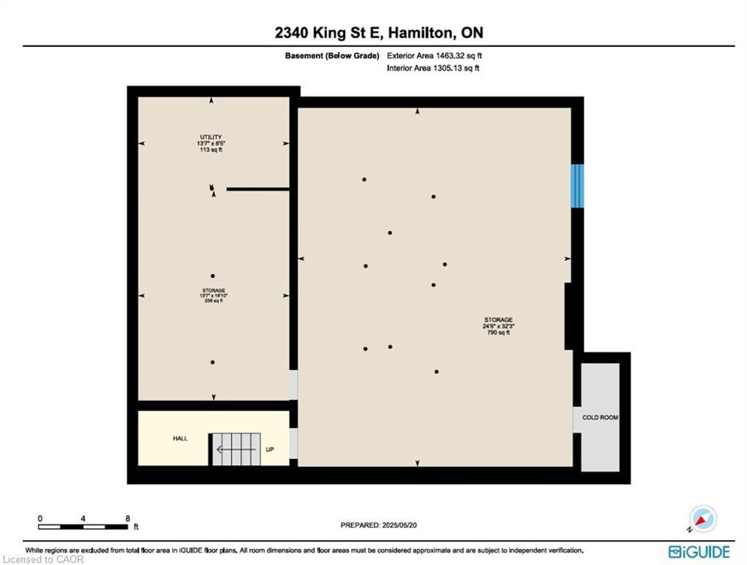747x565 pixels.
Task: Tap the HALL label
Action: click(x=180, y=438)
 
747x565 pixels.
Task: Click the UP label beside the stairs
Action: click(x=270, y=449)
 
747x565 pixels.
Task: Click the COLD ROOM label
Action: click(x=600, y=418)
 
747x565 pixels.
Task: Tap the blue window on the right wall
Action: click(x=578, y=185)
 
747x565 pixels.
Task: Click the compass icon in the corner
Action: click(x=703, y=519)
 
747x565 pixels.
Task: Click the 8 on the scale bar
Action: click(x=128, y=518)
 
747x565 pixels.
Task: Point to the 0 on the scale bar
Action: click(x=40, y=518)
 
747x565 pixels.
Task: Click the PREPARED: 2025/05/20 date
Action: click(x=383, y=525)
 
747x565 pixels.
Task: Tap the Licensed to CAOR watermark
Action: click(x=43, y=560)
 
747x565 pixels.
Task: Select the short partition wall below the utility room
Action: click(x=258, y=189)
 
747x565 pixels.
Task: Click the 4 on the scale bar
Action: click(x=83, y=518)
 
